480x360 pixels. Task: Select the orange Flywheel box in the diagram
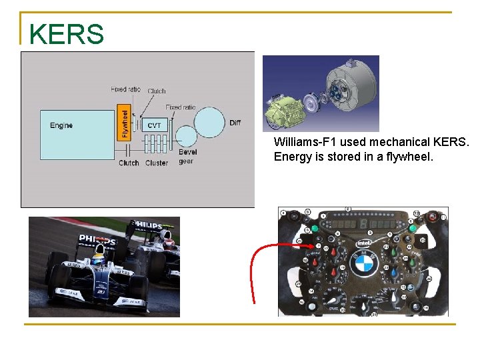[x=125, y=123]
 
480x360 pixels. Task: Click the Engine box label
[x=61, y=125]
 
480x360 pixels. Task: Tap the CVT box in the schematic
[x=154, y=125]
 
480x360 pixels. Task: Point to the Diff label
[x=235, y=123]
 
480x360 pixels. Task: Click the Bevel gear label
[x=187, y=157]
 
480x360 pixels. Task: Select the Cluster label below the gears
[x=157, y=163]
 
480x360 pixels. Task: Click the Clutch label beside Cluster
[x=129, y=163]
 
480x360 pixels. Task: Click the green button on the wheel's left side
[x=315, y=229]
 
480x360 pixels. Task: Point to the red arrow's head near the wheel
[x=311, y=246]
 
